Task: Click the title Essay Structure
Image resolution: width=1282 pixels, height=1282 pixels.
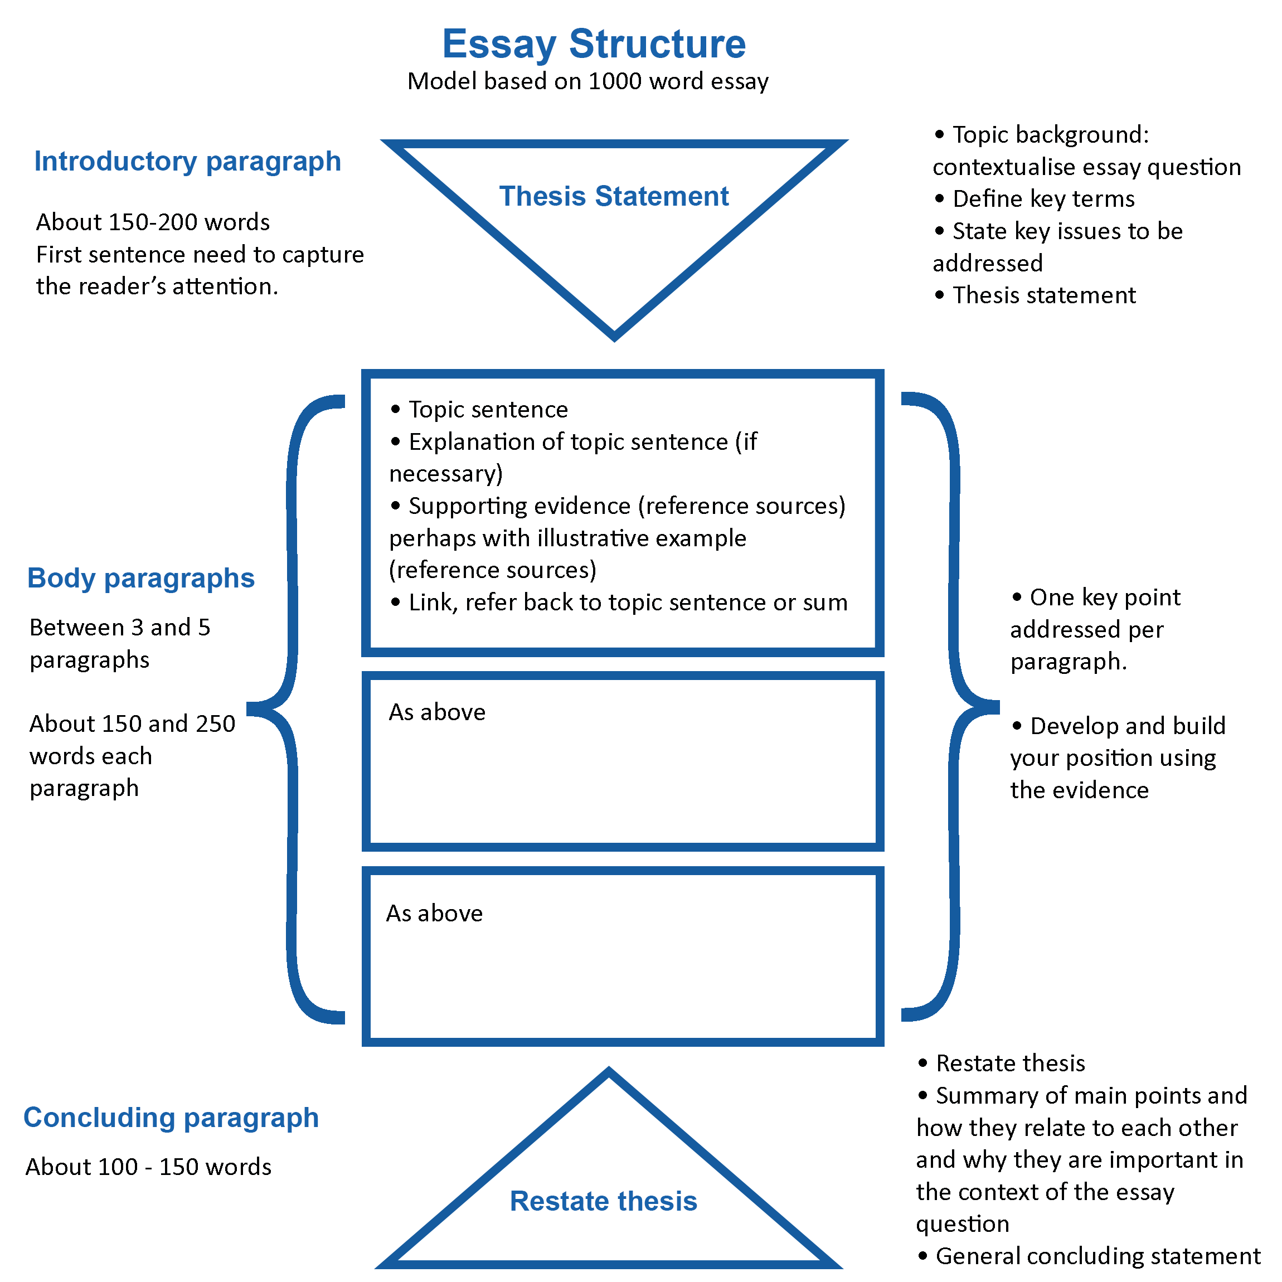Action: point(594,44)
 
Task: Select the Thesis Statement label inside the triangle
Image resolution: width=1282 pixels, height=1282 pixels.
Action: point(614,196)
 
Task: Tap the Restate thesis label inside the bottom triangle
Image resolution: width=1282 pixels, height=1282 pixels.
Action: point(603,1201)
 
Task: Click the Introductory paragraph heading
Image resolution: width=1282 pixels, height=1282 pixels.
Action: point(188,161)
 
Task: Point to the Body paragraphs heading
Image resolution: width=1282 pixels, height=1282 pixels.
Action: point(140,578)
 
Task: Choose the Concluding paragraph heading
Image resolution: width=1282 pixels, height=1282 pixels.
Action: point(171,1118)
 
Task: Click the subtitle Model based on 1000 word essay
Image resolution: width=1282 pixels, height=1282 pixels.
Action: point(588,81)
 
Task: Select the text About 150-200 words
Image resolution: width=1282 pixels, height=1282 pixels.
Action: point(153,222)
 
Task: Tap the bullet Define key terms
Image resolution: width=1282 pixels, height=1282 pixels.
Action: point(1043,198)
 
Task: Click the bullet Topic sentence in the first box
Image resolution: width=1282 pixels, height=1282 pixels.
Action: point(488,410)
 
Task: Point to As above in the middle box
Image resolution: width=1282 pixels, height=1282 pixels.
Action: point(438,712)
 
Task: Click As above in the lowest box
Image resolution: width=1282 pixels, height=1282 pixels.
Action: point(435,914)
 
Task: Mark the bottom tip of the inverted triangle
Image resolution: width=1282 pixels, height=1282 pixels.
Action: point(614,337)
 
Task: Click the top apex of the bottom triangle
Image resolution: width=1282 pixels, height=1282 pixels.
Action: point(609,1073)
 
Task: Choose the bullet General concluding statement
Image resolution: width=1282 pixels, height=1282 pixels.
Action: point(1098,1256)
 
